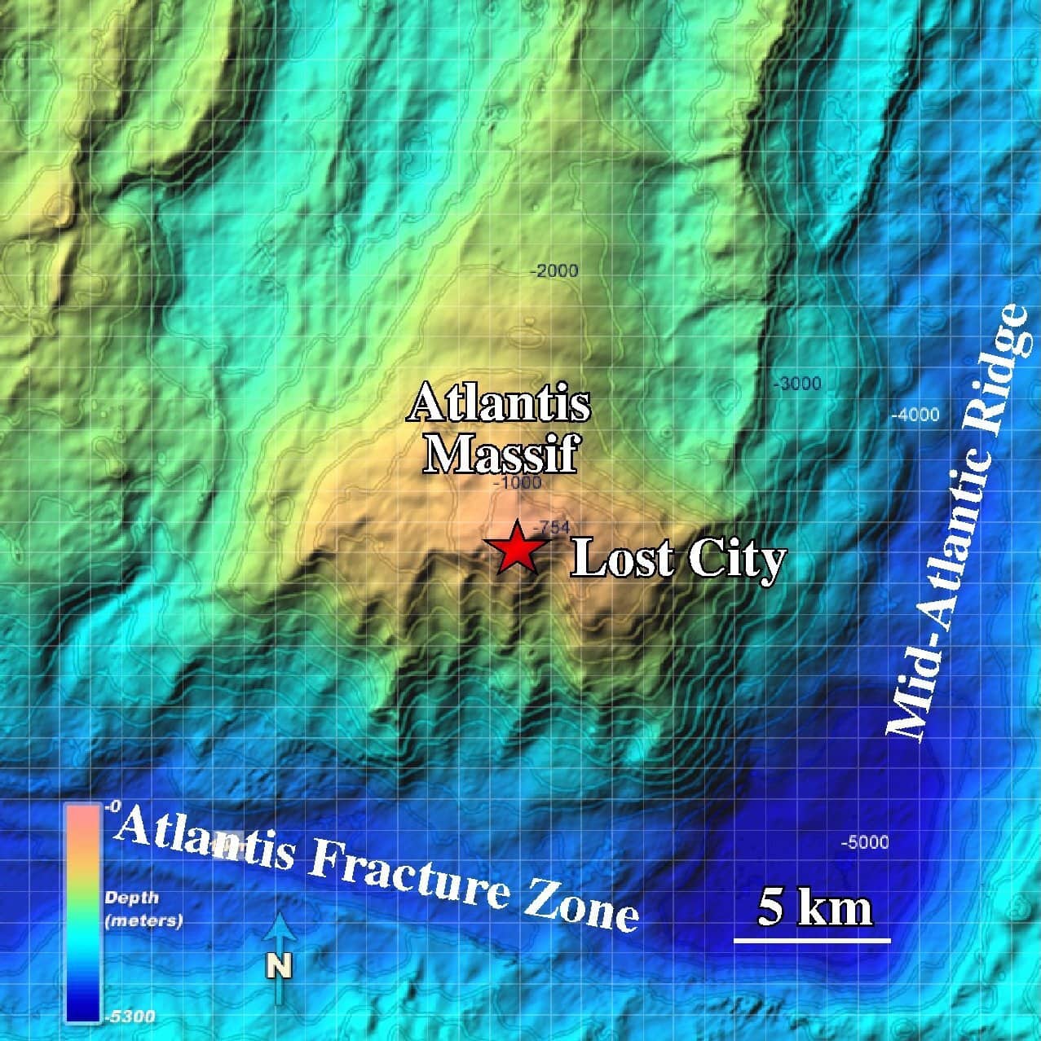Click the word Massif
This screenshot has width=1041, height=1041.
(x=501, y=454)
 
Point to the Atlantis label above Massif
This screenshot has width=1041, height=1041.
(x=499, y=404)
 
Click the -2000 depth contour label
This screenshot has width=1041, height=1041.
(x=554, y=271)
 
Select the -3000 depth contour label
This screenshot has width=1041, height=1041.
(x=796, y=384)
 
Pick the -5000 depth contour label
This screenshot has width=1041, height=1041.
(x=865, y=842)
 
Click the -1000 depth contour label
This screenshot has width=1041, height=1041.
(x=517, y=483)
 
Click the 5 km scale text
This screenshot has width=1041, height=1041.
(x=814, y=907)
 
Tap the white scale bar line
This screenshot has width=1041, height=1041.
(x=812, y=941)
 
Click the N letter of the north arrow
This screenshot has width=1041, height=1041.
(x=280, y=966)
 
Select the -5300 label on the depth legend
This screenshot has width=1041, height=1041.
(x=130, y=1017)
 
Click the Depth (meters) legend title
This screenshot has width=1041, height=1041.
(x=143, y=909)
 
